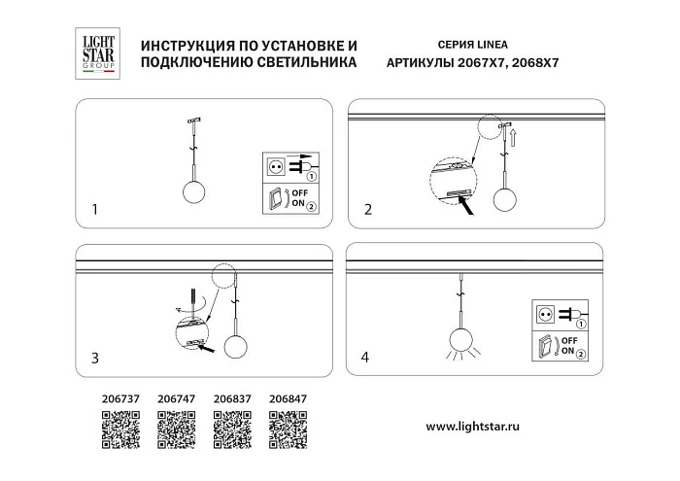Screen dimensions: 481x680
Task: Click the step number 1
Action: (x=94, y=209)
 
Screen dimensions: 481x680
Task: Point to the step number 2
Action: (x=367, y=209)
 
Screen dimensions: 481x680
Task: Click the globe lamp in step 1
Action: (x=193, y=185)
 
